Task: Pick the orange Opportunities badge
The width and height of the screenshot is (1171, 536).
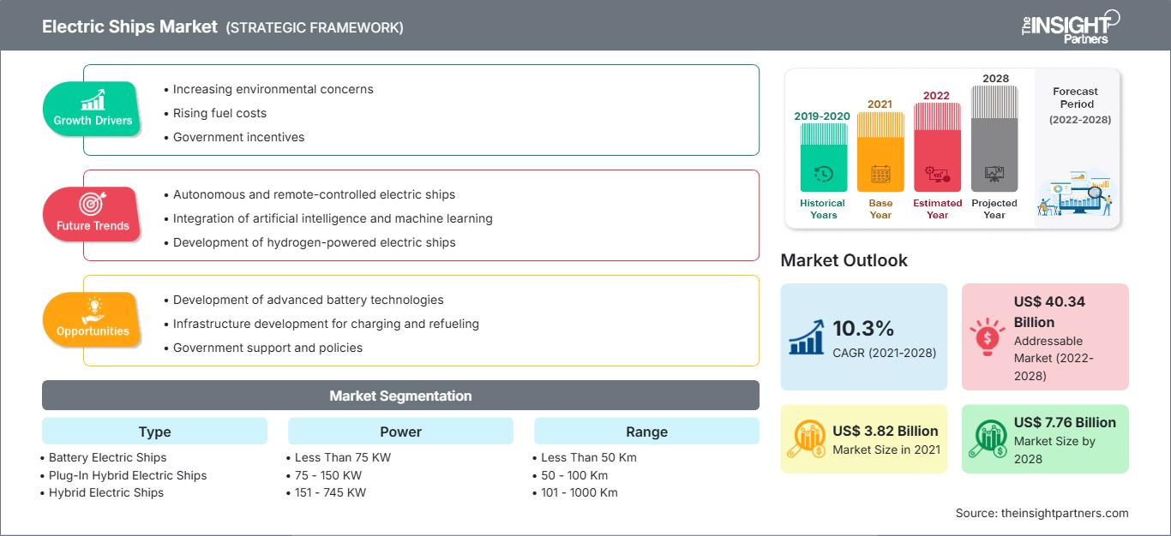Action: click(x=93, y=320)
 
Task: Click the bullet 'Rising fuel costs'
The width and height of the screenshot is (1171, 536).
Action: click(x=219, y=113)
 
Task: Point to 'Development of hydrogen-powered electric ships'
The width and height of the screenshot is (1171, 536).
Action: click(x=314, y=242)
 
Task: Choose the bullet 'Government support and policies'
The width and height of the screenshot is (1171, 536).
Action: click(x=267, y=348)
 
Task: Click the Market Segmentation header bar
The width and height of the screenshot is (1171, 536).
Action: click(x=400, y=396)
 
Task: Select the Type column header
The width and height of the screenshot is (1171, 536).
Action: click(x=154, y=432)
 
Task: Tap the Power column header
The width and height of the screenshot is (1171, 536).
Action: click(x=400, y=432)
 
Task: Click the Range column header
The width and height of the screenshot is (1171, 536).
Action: click(x=646, y=432)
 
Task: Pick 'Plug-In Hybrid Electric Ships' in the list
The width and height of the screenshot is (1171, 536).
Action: click(x=128, y=475)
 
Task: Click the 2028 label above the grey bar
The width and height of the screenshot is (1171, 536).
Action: click(x=995, y=79)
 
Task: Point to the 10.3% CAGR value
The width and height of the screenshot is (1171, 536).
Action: click(x=863, y=328)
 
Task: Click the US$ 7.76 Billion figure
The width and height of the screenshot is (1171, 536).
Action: click(x=1065, y=422)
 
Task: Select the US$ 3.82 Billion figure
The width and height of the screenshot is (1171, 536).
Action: click(x=885, y=431)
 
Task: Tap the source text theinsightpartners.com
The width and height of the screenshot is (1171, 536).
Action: click(x=1064, y=513)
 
